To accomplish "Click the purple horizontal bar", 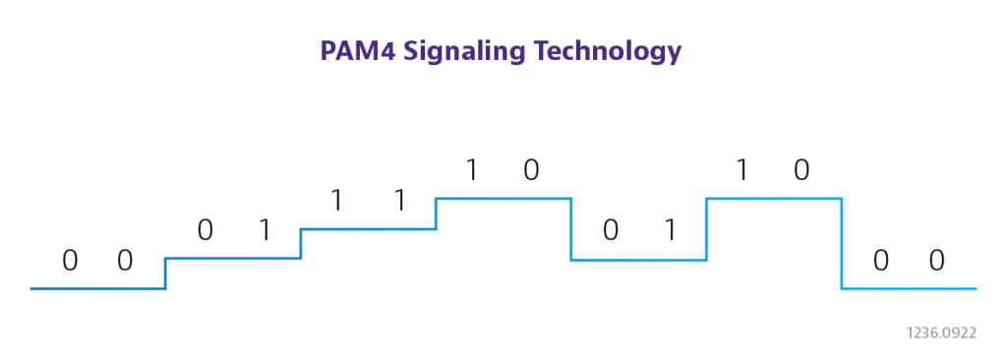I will pos(503,52).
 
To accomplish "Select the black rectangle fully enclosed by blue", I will pos(623,229).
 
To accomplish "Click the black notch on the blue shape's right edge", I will pos(924,259).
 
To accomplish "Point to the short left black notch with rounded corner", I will pos(65,259).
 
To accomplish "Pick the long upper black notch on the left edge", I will pos(134,228).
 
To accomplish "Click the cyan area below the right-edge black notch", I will pos(924,280).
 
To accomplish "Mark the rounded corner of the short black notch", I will pos(130,253).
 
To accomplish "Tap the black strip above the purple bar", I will pos(503,19).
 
